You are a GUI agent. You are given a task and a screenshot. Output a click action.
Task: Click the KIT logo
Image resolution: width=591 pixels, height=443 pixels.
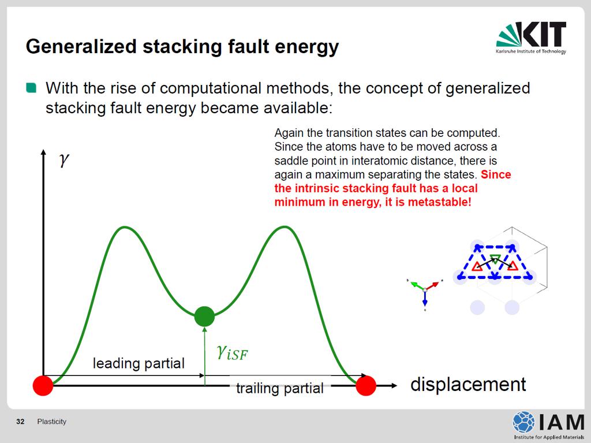[531, 38]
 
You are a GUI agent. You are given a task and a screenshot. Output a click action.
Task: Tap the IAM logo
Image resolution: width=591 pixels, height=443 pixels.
[548, 425]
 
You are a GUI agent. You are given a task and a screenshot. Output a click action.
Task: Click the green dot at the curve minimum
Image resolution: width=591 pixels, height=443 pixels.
[204, 316]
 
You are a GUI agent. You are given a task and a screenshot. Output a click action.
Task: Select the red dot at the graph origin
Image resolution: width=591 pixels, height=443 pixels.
[43, 385]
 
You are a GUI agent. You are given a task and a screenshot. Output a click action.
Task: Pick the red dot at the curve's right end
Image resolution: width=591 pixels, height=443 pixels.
[365, 385]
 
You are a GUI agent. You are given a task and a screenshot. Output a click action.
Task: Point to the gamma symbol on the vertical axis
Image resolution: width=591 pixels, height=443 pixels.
[64, 159]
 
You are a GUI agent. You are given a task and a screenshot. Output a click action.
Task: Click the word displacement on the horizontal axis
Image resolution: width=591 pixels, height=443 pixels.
[467, 384]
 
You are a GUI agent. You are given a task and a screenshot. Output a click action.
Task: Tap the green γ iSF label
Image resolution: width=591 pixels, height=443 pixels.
[232, 352]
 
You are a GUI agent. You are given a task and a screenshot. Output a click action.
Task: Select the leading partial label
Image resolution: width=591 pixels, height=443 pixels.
[139, 363]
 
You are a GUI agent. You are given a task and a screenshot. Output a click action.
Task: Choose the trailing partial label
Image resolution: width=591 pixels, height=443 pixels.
[280, 388]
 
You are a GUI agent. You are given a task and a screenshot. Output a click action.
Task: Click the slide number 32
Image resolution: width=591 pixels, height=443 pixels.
[20, 422]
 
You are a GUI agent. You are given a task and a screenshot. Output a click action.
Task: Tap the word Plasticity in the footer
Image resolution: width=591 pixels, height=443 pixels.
[51, 422]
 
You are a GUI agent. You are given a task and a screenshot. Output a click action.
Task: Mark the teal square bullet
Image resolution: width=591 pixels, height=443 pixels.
[31, 88]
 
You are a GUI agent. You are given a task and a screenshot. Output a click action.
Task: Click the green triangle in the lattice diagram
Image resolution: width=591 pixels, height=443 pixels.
[495, 259]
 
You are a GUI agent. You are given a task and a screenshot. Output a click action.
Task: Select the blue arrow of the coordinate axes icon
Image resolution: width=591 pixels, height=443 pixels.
[425, 297]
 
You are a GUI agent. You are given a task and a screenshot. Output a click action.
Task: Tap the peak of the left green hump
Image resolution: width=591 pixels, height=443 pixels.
[125, 227]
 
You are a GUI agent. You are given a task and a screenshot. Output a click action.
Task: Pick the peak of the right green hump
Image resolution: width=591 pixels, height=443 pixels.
[285, 226]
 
